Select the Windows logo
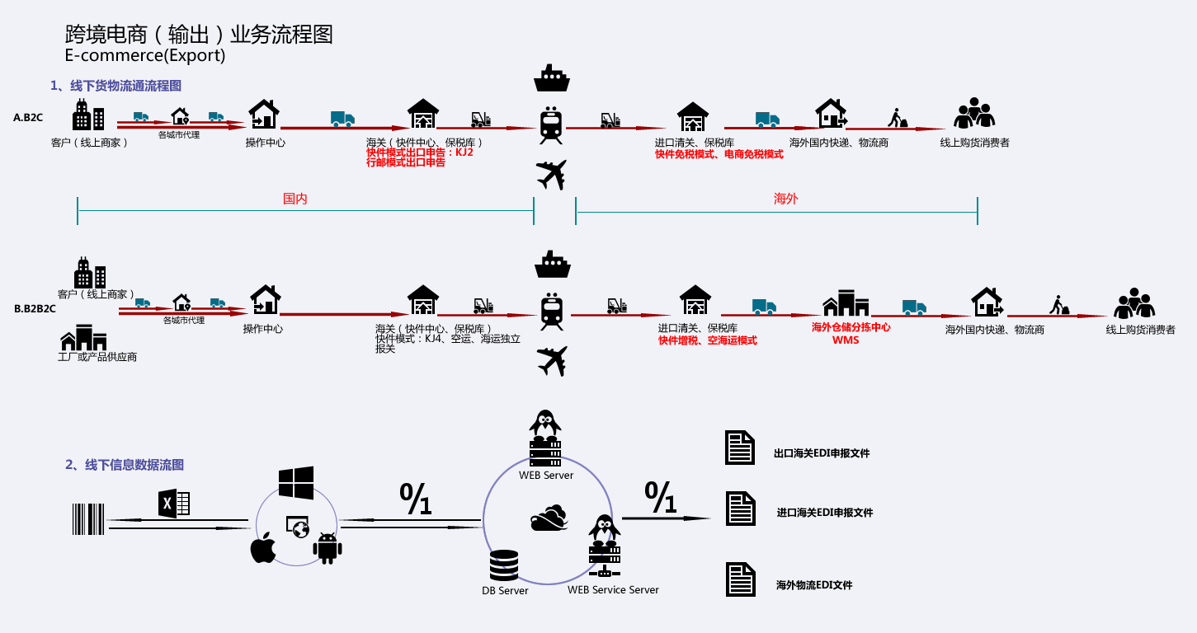point(296,483)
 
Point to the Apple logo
point(263,548)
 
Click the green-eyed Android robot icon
point(328,548)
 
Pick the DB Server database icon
point(504,565)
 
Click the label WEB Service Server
point(613,589)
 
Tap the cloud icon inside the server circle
point(549,518)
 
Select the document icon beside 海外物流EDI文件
point(740,579)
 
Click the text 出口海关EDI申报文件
point(822,453)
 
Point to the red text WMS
point(845,340)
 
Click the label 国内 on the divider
point(295,199)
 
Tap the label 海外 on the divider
point(785,199)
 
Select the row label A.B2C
point(28,118)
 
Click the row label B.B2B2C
point(35,309)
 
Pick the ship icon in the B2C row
point(552,78)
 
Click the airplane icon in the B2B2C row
point(552,361)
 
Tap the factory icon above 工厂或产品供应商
point(83,337)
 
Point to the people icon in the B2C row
point(974,114)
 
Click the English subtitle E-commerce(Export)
point(144,56)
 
